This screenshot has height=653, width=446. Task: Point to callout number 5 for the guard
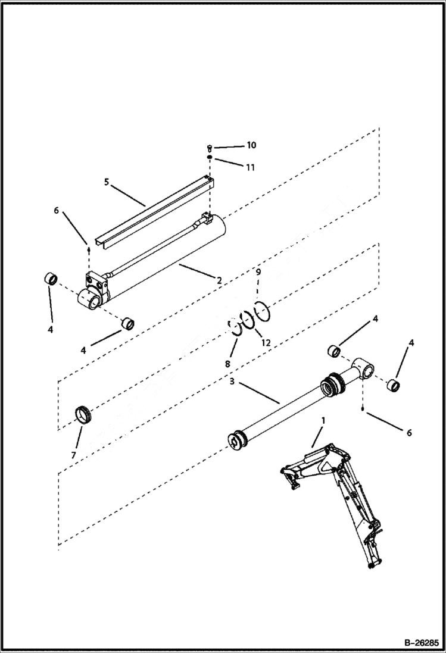click(x=106, y=182)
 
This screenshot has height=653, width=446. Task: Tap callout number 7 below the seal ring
click(x=73, y=455)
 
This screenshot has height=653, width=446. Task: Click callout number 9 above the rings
click(x=258, y=272)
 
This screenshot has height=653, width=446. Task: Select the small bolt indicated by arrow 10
click(x=210, y=146)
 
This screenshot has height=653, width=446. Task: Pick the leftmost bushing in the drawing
click(x=51, y=279)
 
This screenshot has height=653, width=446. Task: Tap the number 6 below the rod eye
click(x=408, y=433)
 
